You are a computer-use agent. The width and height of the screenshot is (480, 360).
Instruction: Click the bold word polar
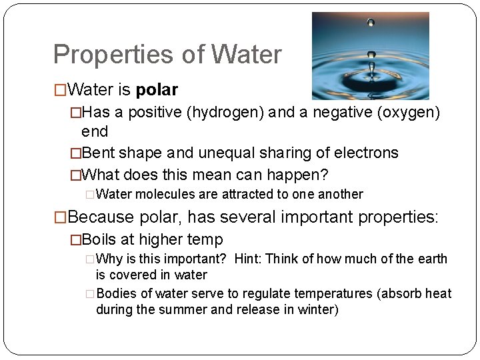[x=157, y=89]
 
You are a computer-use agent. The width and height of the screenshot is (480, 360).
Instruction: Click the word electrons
[x=369, y=153]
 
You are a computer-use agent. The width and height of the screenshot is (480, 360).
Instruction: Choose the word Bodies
[x=115, y=294]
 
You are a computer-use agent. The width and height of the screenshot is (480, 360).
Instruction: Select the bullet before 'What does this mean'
[x=75, y=175]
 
